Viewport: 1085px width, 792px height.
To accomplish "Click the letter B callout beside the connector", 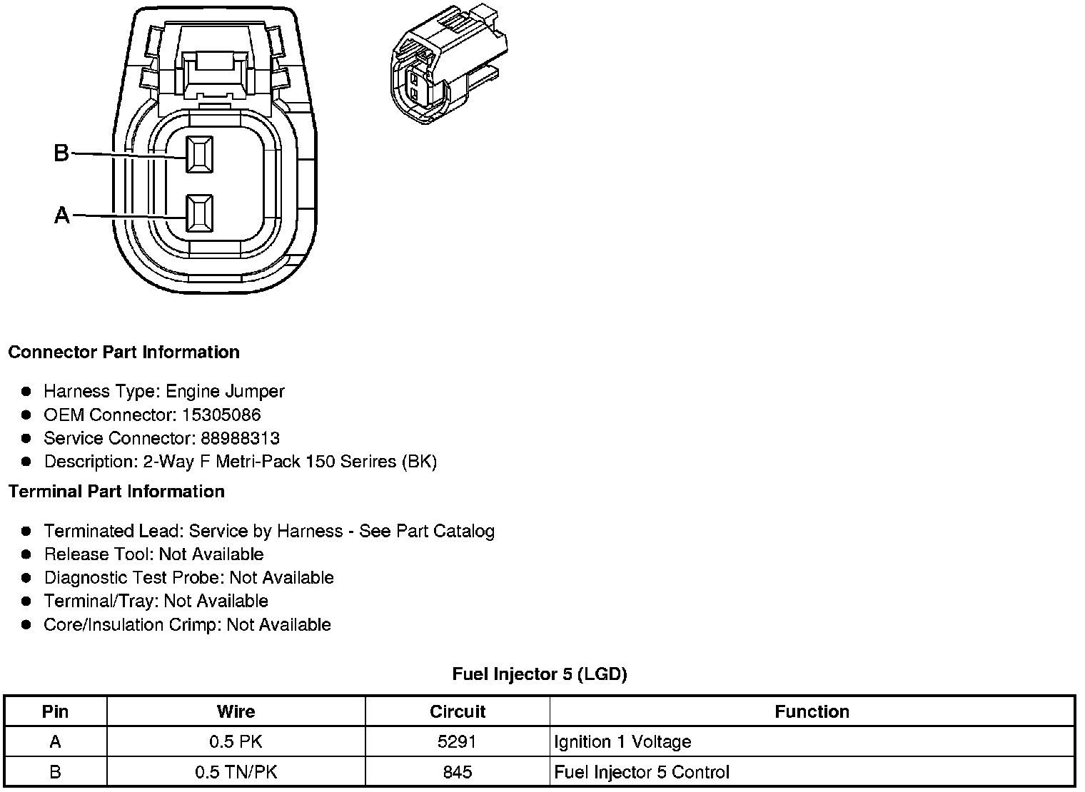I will pos(61,153).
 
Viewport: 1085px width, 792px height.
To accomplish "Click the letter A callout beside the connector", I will pos(62,215).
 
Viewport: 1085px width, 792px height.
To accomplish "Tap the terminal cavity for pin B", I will pos(199,153).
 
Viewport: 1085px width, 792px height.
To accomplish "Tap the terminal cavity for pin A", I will pos(199,213).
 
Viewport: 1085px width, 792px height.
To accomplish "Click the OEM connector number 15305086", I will pos(221,415).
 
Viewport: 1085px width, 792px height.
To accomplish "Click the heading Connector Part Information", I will pos(123,352).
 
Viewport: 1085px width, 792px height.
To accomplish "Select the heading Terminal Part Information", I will pos(116,492).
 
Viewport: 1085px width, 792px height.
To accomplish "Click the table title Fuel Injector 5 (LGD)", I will pos(540,674).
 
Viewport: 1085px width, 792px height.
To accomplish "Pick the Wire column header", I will pos(236,711).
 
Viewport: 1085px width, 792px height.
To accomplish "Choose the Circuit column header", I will pos(457,711).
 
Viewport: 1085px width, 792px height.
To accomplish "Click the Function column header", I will pos(812,711).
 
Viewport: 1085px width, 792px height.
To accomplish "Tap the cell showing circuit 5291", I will pos(457,742).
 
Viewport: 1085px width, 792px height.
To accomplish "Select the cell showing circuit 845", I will pos(457,772).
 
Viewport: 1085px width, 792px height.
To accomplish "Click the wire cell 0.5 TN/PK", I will pos(236,772).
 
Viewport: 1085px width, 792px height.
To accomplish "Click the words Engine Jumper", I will pos(225,392).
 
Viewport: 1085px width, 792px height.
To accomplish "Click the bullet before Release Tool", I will pos(26,554).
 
